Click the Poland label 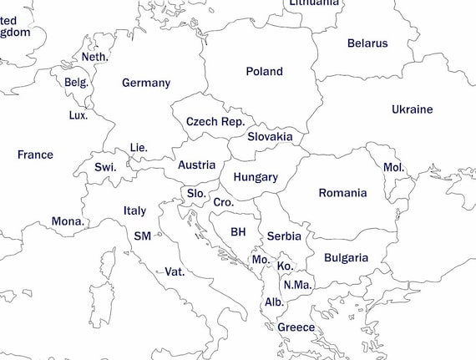(x=264, y=72)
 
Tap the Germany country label (x=146, y=83)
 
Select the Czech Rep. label (x=215, y=122)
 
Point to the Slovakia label (x=270, y=136)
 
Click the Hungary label (x=256, y=177)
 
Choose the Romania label (x=342, y=193)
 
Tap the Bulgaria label (x=346, y=257)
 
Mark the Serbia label (x=284, y=236)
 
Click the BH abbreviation (x=239, y=231)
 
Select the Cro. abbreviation (x=223, y=202)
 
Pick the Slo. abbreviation (x=196, y=193)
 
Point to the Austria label (x=197, y=165)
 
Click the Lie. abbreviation (x=139, y=148)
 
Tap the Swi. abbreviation (x=105, y=167)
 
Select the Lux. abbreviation (x=78, y=115)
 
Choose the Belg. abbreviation (x=76, y=83)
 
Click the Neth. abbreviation (x=95, y=57)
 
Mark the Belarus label (x=367, y=43)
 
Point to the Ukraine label (x=413, y=109)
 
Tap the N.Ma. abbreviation (x=296, y=285)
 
